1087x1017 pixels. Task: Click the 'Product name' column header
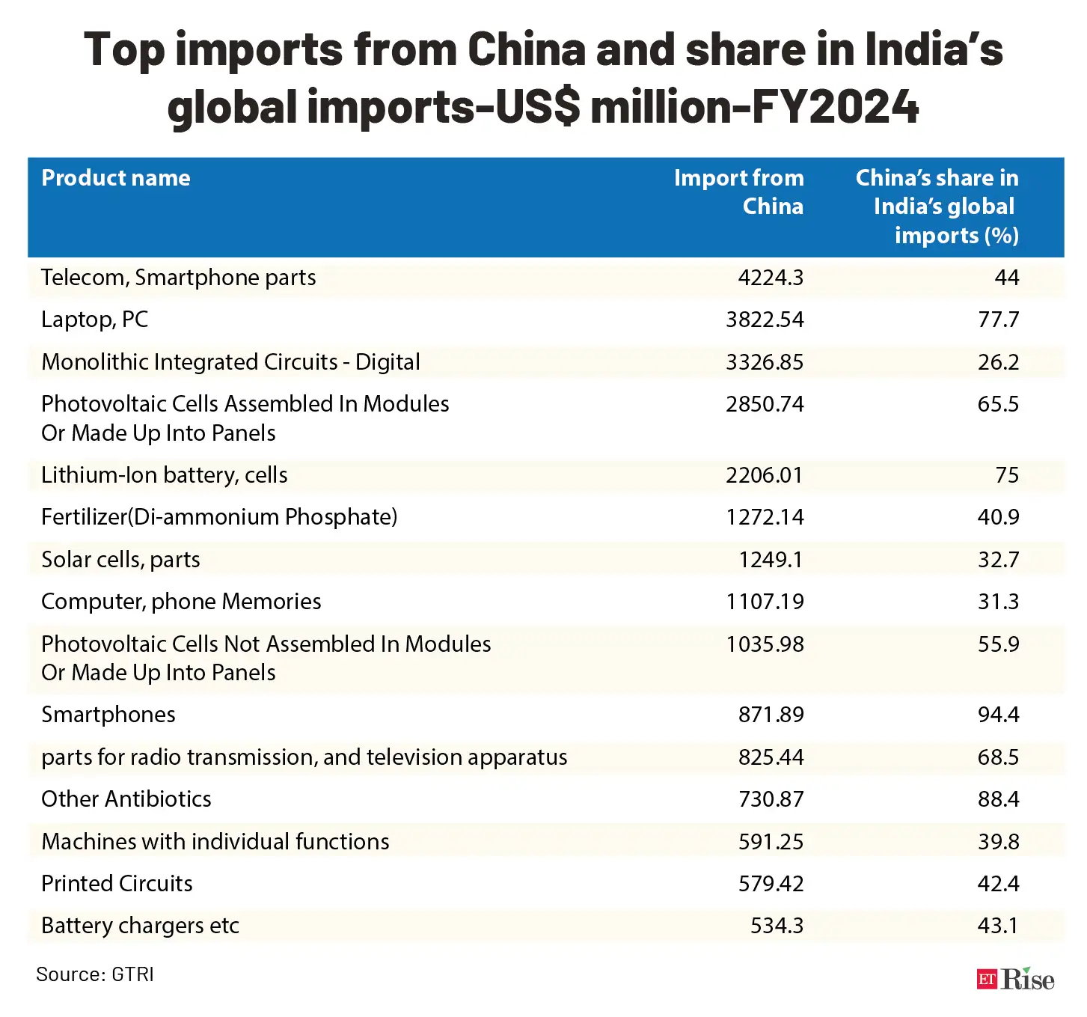[x=116, y=178]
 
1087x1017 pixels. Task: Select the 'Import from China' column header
[x=738, y=192]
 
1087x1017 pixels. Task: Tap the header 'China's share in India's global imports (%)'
[x=937, y=207]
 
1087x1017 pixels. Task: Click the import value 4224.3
[x=770, y=278]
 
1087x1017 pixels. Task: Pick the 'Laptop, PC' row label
[x=95, y=320]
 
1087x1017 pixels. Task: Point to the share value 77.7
[x=998, y=320]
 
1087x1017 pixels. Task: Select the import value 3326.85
[x=764, y=362]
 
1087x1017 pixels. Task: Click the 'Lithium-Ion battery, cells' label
[x=165, y=475]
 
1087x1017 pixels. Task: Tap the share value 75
[x=1007, y=475]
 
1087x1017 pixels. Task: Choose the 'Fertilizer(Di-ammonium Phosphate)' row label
[x=219, y=517]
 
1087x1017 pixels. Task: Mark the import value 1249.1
[x=771, y=560]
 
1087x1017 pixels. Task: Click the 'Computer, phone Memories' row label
[x=181, y=602]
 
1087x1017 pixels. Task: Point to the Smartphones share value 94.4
[x=998, y=715]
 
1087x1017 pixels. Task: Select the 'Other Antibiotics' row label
[x=126, y=799]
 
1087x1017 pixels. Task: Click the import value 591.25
[x=771, y=842]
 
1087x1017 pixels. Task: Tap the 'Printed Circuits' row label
[x=117, y=884]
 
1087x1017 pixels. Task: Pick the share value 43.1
[x=998, y=926]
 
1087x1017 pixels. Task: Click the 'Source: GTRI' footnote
[x=95, y=974]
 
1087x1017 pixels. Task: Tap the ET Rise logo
[x=1015, y=979]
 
